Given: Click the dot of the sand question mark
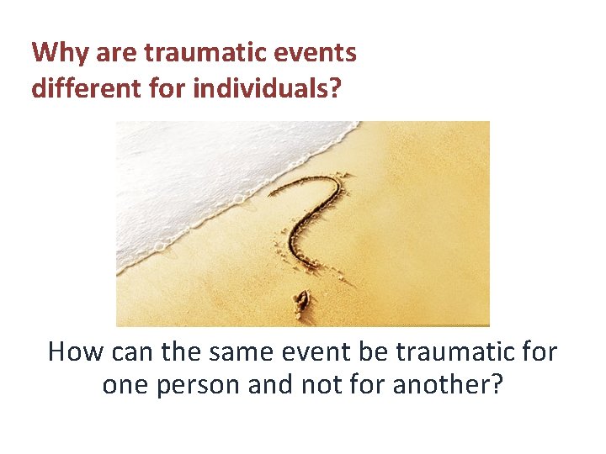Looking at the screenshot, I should [x=300, y=301].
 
